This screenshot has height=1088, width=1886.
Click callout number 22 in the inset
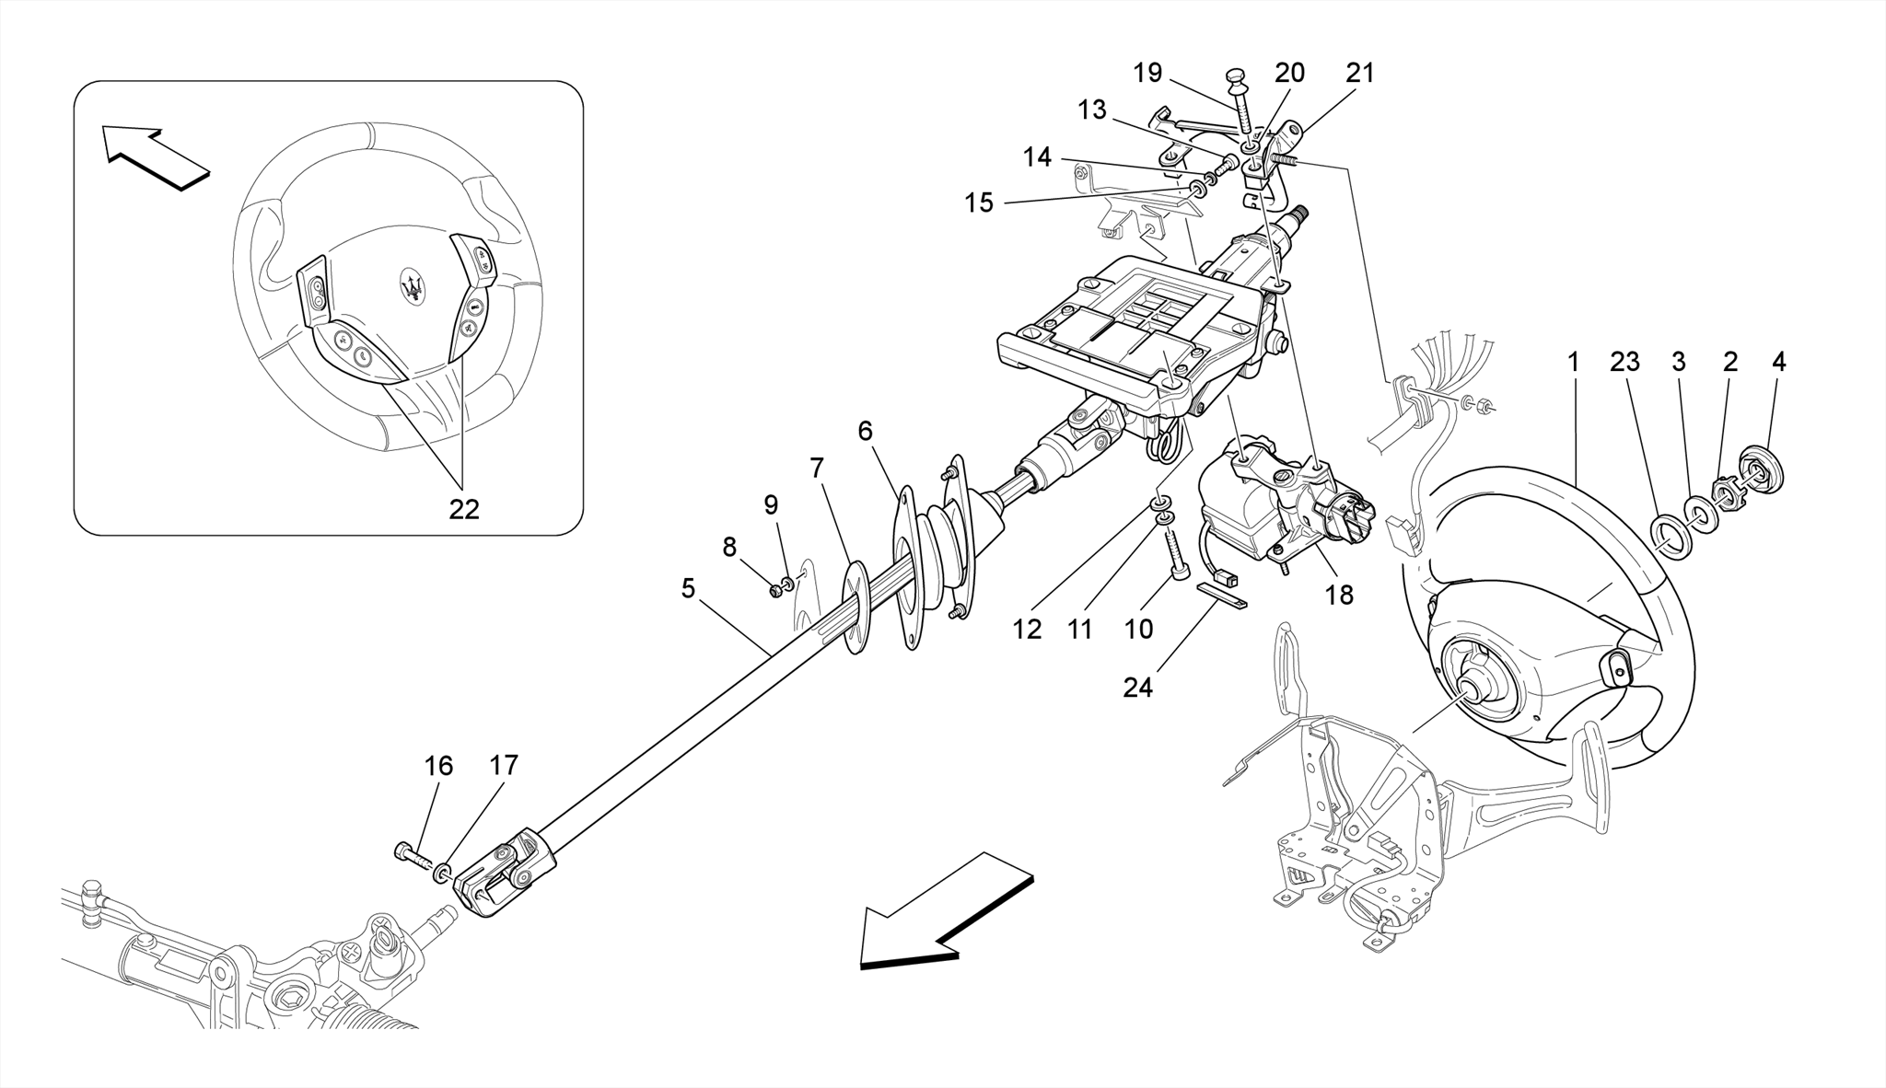[x=464, y=509]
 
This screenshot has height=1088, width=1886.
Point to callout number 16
[x=438, y=766]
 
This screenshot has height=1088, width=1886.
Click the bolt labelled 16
[x=413, y=854]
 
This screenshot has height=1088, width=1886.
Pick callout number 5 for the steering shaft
[x=688, y=588]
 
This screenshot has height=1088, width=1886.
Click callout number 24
[x=1137, y=687]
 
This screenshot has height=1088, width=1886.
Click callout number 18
[x=1339, y=595]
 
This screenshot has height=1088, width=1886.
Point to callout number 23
[x=1624, y=362]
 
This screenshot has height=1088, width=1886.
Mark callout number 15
[x=979, y=203]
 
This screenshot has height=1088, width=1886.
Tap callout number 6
[x=865, y=430]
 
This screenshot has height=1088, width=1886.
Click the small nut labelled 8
[x=775, y=590]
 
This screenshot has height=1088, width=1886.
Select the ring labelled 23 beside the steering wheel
[x=1669, y=536]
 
